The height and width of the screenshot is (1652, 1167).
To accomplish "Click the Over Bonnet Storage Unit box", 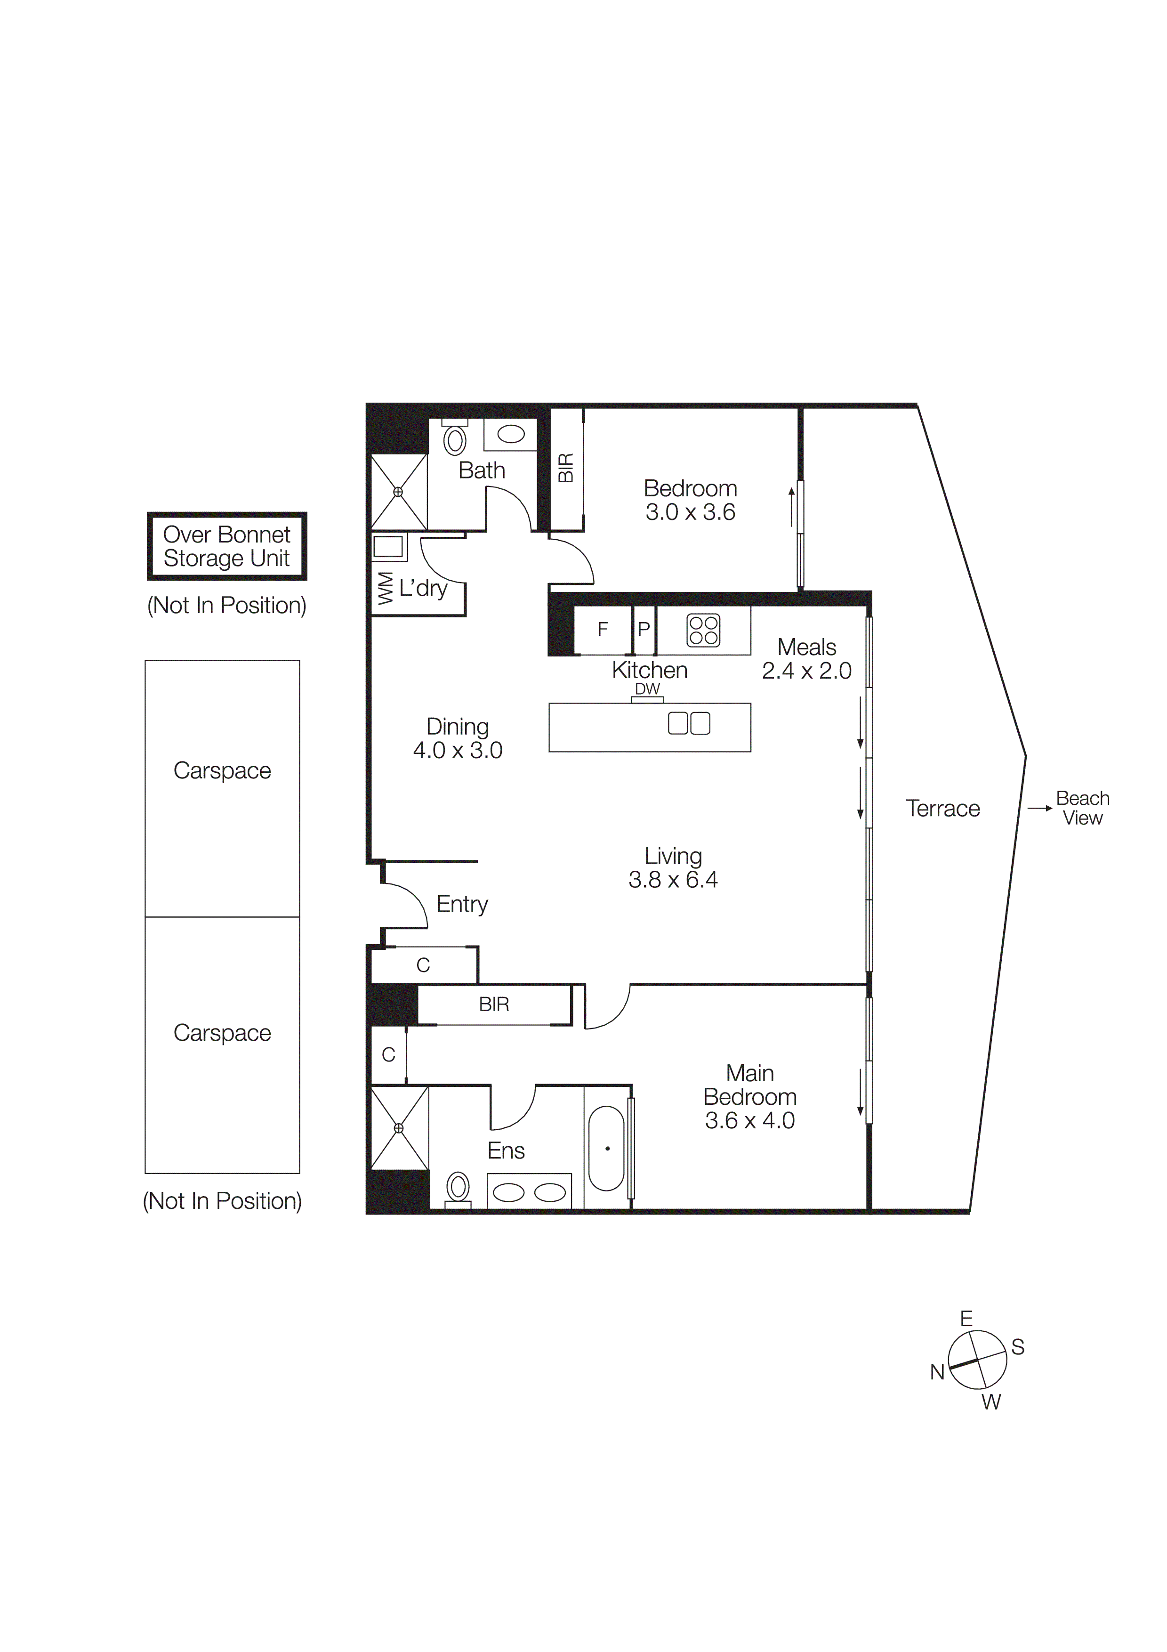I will click(226, 546).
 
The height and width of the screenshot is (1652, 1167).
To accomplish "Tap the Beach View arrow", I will click(1040, 808).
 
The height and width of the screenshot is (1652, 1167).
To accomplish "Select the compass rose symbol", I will click(977, 1360).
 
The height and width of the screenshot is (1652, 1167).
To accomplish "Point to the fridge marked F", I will click(603, 630).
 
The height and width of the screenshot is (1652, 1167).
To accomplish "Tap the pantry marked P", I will click(644, 630).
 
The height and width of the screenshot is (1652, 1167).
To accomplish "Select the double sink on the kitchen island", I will click(689, 723).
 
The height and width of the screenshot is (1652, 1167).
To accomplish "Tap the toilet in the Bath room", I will click(454, 440).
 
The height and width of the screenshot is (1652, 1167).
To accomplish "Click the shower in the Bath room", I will click(398, 492).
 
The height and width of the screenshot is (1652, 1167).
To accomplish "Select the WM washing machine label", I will click(386, 589).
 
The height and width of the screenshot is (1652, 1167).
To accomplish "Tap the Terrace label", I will click(942, 808).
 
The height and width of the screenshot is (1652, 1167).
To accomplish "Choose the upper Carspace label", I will click(222, 770).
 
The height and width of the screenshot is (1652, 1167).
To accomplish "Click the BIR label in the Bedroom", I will click(566, 469).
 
